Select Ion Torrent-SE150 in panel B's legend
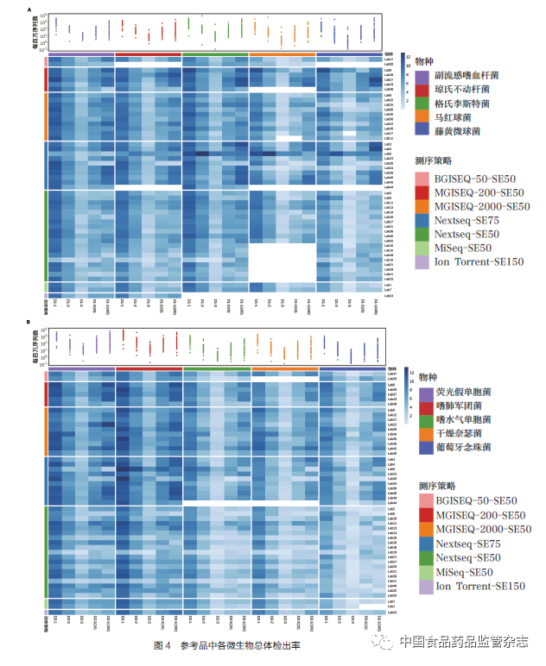click(x=479, y=587)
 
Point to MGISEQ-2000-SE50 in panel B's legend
click(x=483, y=529)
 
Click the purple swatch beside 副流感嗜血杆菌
click(x=422, y=76)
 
